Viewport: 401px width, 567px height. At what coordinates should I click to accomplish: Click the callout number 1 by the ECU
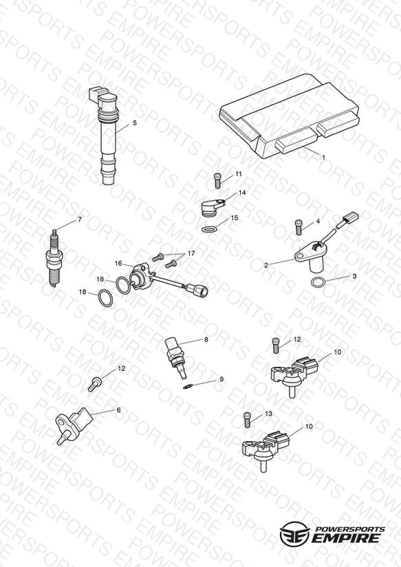click(x=324, y=158)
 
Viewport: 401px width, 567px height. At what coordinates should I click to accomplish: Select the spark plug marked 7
click(x=55, y=259)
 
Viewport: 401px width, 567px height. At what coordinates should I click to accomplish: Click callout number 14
click(x=242, y=193)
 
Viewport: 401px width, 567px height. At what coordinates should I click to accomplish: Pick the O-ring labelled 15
click(x=209, y=229)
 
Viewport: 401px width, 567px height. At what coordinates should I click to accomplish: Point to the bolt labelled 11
click(x=217, y=180)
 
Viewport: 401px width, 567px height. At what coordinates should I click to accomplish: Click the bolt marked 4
click(x=299, y=227)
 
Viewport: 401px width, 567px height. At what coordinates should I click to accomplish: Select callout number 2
click(x=266, y=265)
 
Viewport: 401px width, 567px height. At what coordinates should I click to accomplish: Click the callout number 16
click(x=118, y=264)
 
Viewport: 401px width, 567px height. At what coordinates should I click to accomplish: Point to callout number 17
click(x=191, y=253)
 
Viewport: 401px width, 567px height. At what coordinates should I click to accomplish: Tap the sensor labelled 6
click(x=74, y=425)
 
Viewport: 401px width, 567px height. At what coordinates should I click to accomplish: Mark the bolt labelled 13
click(x=248, y=420)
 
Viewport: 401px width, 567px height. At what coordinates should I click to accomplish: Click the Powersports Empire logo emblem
click(x=295, y=533)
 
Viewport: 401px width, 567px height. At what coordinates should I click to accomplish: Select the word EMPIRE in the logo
click(x=345, y=537)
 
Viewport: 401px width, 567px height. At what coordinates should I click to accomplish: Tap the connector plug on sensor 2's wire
click(x=350, y=217)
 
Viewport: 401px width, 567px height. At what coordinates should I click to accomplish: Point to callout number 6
click(x=118, y=410)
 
